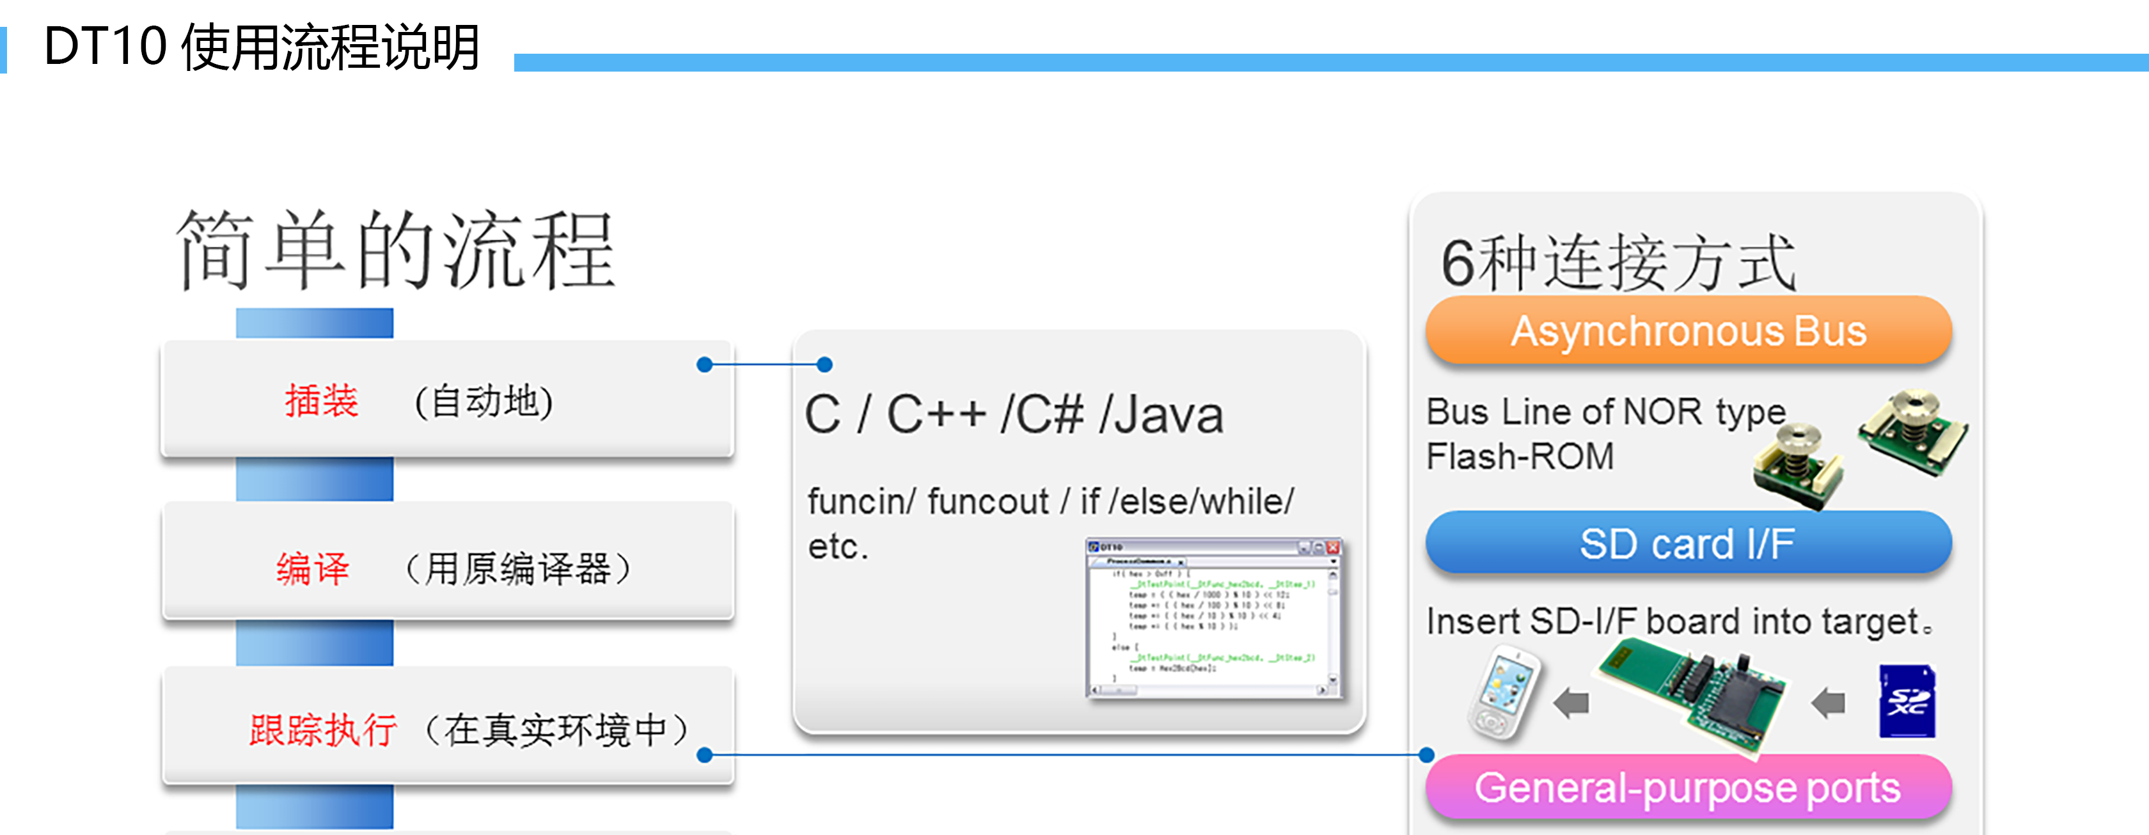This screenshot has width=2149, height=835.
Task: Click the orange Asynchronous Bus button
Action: coord(1688,331)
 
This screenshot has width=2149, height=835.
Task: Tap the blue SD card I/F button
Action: coord(1688,543)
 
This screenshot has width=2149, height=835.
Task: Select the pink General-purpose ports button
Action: coord(1688,788)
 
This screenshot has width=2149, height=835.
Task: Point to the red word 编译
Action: coord(313,569)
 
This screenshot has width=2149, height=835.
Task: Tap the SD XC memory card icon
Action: coord(1907,701)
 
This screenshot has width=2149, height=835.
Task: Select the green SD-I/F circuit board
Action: coord(1694,692)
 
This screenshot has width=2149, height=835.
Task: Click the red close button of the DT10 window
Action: coord(1332,548)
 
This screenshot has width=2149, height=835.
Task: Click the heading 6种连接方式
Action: coord(1618,263)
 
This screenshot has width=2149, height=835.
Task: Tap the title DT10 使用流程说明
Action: coord(262,47)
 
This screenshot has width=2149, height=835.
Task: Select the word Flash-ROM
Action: coord(1520,457)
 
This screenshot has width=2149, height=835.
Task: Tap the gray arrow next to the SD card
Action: coord(1829,703)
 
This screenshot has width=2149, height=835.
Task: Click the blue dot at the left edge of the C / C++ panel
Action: coord(825,364)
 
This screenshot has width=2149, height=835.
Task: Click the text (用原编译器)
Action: coord(517,569)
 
